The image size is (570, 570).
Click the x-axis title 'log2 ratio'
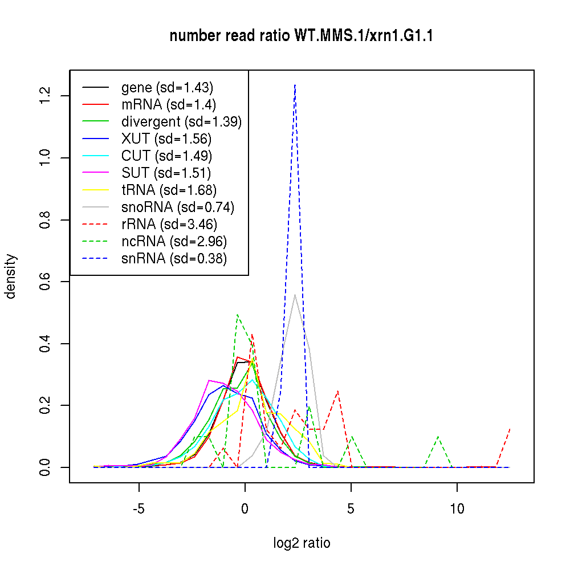(x=302, y=543)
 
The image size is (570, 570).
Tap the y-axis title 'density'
(x=11, y=276)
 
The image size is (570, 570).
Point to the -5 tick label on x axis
(x=139, y=509)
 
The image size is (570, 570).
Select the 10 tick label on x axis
(x=457, y=509)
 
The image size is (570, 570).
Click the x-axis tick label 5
(x=351, y=509)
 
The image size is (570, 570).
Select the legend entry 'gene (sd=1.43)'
(x=167, y=88)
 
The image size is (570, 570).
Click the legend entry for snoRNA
(x=178, y=207)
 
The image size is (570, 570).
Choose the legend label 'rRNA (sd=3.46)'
(x=169, y=225)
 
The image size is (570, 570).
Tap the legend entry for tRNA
(x=169, y=190)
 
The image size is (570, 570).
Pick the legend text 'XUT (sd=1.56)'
(x=166, y=139)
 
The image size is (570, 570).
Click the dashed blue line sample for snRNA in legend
(x=95, y=259)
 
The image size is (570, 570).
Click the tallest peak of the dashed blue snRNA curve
(x=295, y=84)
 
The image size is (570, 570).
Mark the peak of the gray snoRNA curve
(x=295, y=295)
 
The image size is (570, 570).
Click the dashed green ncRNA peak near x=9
(x=438, y=437)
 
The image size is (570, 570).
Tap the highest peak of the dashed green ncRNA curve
(x=237, y=315)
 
